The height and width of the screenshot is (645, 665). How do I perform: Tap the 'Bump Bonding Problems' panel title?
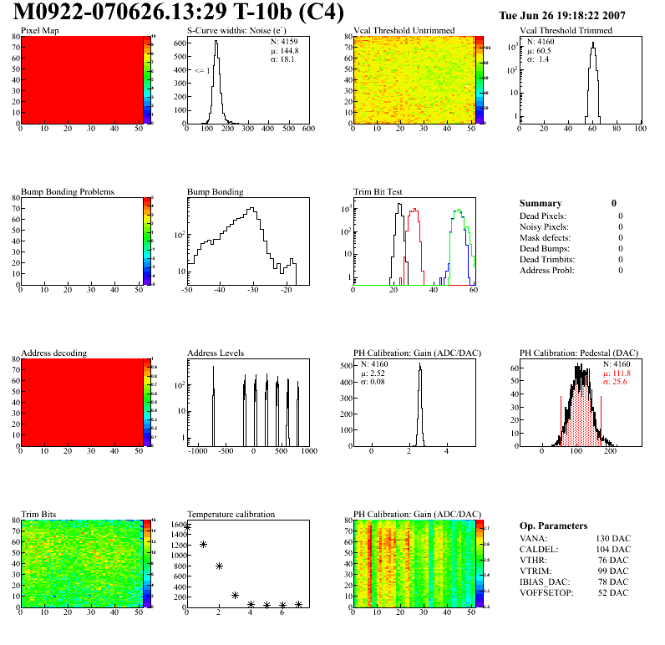click(68, 191)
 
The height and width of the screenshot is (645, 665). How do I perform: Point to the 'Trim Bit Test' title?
click(378, 191)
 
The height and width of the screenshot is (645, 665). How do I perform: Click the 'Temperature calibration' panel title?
click(231, 514)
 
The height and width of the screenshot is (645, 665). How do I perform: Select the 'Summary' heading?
click(541, 203)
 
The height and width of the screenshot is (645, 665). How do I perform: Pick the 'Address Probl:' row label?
click(546, 270)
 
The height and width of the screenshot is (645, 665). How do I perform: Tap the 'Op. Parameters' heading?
click(553, 526)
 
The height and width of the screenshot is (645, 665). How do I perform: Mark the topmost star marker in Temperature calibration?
click(188, 527)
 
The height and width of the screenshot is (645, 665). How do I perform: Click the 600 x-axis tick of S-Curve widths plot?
click(307, 129)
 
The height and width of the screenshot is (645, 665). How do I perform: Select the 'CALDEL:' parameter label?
click(539, 548)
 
